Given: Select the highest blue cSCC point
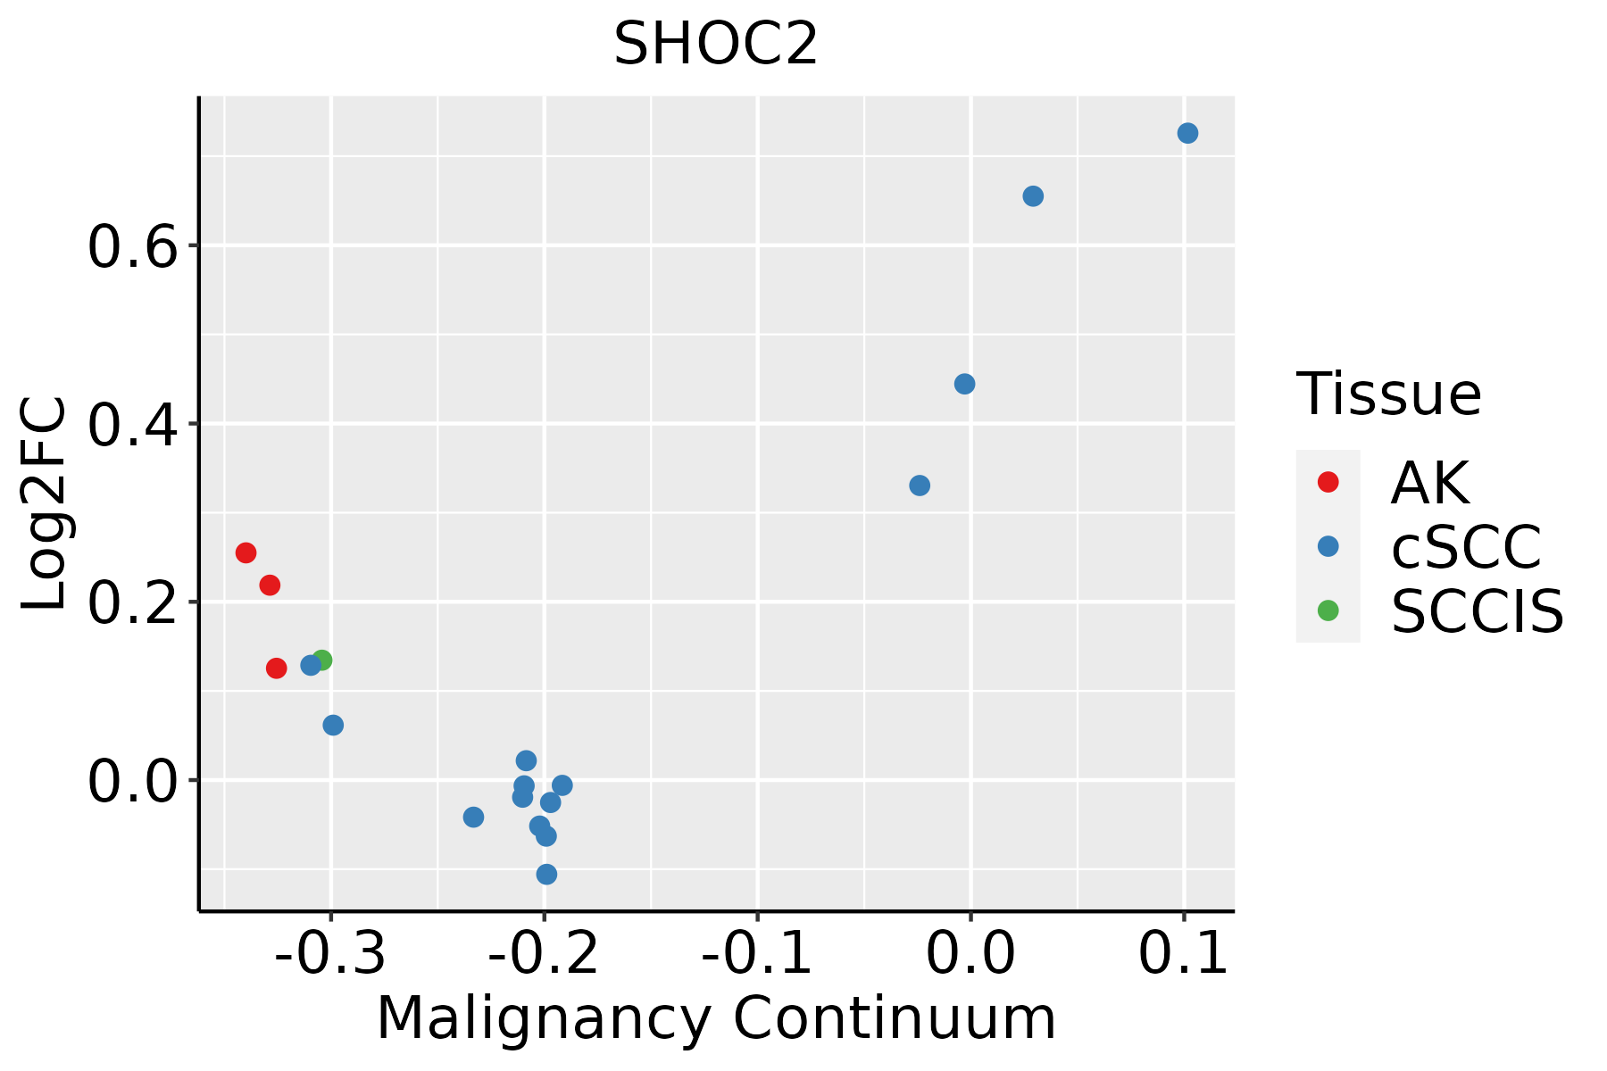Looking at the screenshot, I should tap(1187, 133).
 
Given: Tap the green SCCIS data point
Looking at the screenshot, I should tap(323, 660).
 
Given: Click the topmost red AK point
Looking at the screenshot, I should tap(246, 552).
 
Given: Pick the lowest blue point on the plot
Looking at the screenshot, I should tap(546, 874).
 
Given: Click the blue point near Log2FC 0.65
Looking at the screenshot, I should tap(1033, 196).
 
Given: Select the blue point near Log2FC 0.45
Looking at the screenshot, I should tap(964, 384).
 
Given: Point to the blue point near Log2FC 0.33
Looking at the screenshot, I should tap(920, 486).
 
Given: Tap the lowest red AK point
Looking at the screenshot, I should tap(277, 668).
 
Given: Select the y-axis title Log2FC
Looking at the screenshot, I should tap(45, 503).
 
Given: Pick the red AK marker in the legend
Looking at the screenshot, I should tap(1328, 482).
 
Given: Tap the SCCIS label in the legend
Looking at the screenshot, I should tap(1477, 612).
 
